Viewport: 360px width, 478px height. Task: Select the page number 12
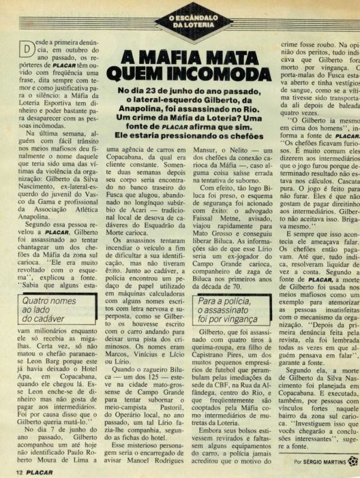click(x=19, y=471)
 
